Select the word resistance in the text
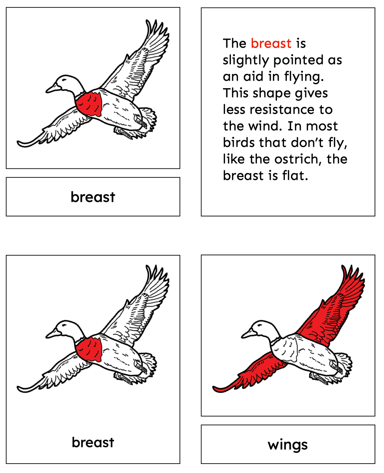tap(282, 109)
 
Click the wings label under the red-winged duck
tap(288, 445)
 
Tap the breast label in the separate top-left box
tap(93, 197)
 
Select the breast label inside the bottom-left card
tap(93, 442)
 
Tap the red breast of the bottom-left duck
tap(89, 349)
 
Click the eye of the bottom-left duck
tap(64, 325)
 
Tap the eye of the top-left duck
tap(64, 80)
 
